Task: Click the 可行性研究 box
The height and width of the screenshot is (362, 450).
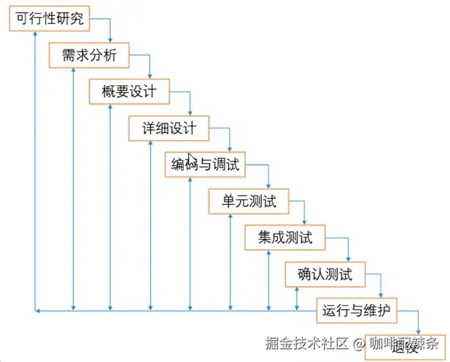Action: pos(49,19)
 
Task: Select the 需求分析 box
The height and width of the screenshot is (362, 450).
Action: pos(89,55)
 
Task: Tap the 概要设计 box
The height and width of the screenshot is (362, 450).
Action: pos(129,92)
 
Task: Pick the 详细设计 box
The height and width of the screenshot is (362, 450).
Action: pos(168,129)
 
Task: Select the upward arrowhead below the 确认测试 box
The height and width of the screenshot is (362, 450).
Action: pos(296,290)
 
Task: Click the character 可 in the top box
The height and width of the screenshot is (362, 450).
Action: pos(22,19)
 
